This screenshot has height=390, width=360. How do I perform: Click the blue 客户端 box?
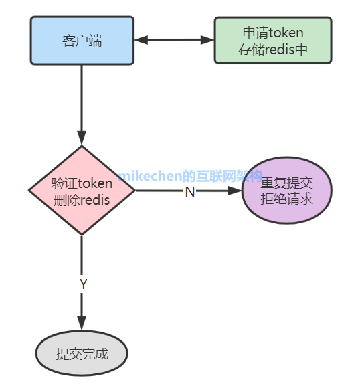tap(82, 40)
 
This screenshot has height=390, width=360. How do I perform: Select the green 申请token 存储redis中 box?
tap(272, 40)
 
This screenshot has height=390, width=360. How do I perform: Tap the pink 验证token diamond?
tap(82, 191)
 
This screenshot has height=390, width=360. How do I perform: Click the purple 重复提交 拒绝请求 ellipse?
tap(286, 191)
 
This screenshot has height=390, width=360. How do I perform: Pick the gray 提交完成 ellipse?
tap(82, 354)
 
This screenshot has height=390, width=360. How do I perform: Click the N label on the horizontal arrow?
tap(189, 192)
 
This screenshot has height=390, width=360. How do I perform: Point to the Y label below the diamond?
tap(83, 284)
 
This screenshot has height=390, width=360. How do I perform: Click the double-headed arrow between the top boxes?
tap(173, 40)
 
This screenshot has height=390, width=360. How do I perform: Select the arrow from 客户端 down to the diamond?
tap(82, 100)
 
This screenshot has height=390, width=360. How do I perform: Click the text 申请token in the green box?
tap(272, 33)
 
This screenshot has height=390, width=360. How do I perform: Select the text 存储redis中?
tap(272, 49)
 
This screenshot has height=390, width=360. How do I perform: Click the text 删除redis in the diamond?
tap(82, 199)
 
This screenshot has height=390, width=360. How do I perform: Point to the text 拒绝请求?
tap(286, 199)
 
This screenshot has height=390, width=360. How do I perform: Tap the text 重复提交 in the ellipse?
tap(286, 183)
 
